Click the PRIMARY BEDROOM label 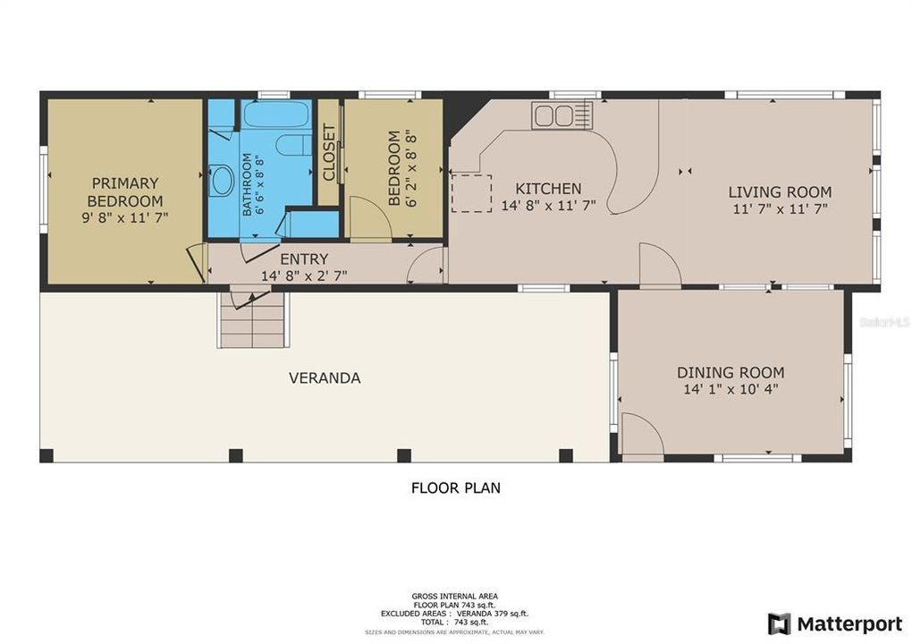[x=124, y=192]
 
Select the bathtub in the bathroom [x=276, y=115]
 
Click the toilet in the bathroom [x=291, y=145]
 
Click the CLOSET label [x=328, y=152]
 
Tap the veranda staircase [x=254, y=319]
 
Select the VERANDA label [x=325, y=378]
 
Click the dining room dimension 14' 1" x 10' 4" [x=730, y=390]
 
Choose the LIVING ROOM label [x=780, y=192]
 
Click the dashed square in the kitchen [x=471, y=193]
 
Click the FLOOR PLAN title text [x=455, y=488]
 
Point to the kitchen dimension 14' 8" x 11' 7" [x=548, y=207]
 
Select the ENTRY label [x=304, y=259]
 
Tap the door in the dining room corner [x=640, y=437]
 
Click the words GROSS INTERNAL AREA [x=455, y=596]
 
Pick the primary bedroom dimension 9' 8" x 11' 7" [x=124, y=217]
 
